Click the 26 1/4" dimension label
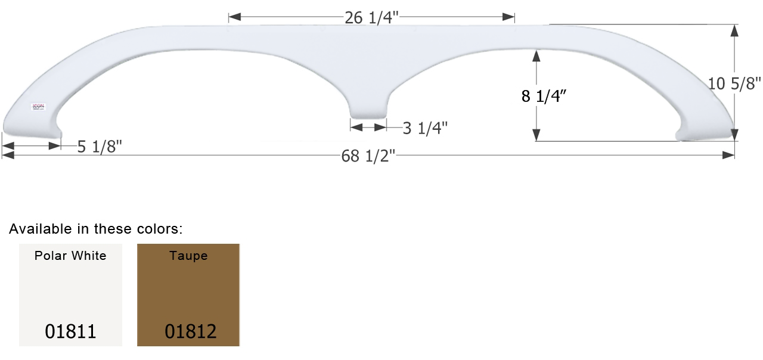(x=371, y=18)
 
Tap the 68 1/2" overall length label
(x=368, y=156)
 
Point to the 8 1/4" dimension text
(x=544, y=97)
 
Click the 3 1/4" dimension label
(x=425, y=128)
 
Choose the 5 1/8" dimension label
(x=100, y=147)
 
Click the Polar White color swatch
(x=70, y=295)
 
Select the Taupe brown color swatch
(x=188, y=295)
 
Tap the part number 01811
(x=70, y=331)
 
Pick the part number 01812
(x=190, y=331)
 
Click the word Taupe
(x=188, y=256)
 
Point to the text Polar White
(x=70, y=256)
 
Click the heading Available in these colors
(x=96, y=229)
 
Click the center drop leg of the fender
(x=368, y=109)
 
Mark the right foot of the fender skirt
(x=706, y=132)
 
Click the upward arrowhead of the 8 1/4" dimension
(x=536, y=55)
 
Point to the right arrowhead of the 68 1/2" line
(x=728, y=155)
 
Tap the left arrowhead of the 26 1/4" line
(x=234, y=17)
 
